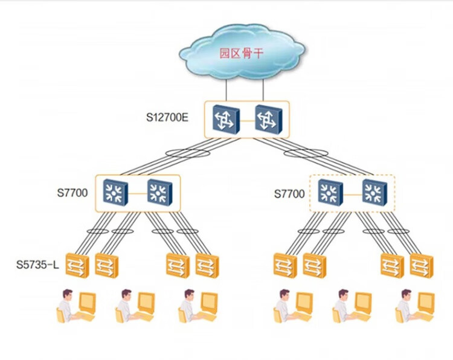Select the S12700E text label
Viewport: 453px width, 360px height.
[x=167, y=117]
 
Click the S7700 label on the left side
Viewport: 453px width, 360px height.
[x=72, y=194]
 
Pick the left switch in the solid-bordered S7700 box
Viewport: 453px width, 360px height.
[x=114, y=193]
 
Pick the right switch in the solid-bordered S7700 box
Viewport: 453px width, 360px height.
[x=160, y=193]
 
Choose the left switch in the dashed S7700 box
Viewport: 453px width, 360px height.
[x=330, y=193]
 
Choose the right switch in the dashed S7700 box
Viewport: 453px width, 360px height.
[x=375, y=193]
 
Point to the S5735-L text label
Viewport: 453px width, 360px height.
[x=37, y=265]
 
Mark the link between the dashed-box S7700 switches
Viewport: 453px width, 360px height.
[x=353, y=193]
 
